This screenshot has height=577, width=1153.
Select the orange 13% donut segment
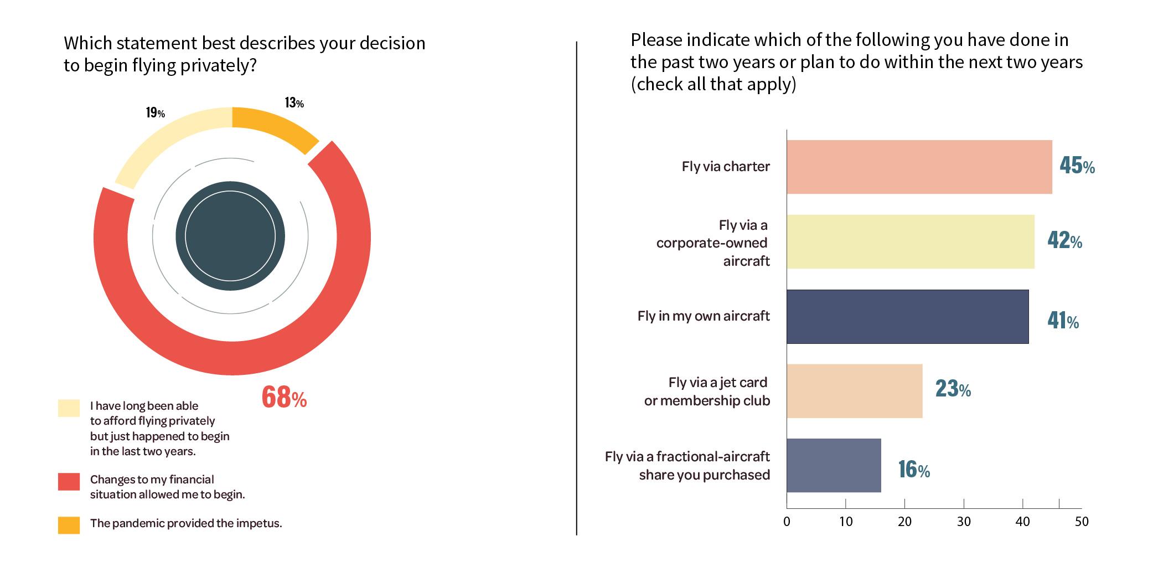[274, 127]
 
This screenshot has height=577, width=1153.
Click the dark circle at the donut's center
[230, 236]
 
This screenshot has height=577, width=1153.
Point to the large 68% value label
[283, 397]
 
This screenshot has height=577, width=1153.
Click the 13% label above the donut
[294, 103]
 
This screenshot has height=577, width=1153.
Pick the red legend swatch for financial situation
[69, 481]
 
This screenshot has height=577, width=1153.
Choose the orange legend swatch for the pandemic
[69, 525]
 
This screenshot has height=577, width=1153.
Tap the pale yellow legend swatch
[69, 408]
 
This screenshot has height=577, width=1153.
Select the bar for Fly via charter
[919, 167]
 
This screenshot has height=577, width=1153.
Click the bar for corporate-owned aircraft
[911, 241]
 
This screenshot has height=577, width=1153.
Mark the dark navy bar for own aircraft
[908, 316]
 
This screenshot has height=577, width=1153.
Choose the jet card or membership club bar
[855, 390]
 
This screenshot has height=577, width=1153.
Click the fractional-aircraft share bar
[834, 465]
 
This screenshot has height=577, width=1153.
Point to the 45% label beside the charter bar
[1077, 166]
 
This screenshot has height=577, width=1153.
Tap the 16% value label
[913, 470]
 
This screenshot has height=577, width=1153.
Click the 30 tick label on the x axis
[964, 522]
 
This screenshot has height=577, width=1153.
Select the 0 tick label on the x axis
[787, 522]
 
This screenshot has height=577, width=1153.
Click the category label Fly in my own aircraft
[704, 316]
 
